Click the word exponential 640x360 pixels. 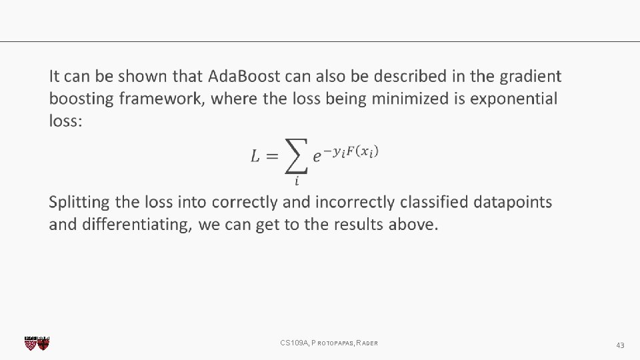[514, 99]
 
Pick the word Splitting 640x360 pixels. [79, 202]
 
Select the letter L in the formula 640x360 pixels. [256, 157]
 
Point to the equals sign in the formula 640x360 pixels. [271, 157]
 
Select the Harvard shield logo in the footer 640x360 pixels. [37, 343]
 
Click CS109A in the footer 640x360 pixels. [293, 343]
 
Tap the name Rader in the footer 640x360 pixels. [367, 343]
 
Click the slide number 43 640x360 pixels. [620, 345]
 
